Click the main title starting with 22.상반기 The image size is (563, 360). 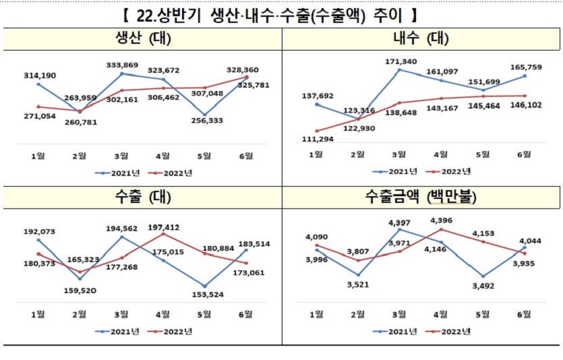(281, 13)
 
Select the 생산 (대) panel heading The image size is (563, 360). (140, 38)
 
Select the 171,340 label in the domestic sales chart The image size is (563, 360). (401, 61)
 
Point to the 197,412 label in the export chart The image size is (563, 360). (162, 228)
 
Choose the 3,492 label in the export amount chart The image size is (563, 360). (483, 284)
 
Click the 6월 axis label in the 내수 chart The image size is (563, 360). (525, 154)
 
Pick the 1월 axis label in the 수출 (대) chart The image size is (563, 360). (38, 314)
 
